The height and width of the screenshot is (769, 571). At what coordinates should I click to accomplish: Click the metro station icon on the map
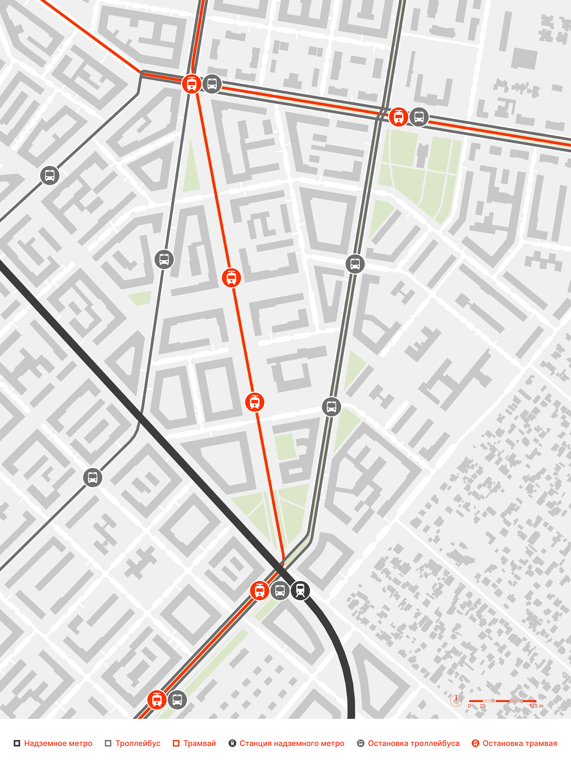300,590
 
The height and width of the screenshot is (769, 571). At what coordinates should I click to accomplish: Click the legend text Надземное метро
58,743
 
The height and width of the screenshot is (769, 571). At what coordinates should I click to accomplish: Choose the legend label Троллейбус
137,743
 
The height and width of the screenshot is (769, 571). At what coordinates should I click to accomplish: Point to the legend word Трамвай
199,743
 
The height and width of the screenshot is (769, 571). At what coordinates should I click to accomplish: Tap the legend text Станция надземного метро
292,743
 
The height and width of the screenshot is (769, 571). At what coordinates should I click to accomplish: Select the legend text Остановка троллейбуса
413,743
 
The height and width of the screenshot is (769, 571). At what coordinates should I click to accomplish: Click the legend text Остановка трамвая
520,743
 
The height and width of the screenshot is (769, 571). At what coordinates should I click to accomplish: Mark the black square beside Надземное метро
17,743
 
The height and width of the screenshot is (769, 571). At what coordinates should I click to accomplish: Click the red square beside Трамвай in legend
176,743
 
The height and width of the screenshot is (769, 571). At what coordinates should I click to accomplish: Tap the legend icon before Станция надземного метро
233,743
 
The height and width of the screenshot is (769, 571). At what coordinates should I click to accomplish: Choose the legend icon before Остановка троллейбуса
360,743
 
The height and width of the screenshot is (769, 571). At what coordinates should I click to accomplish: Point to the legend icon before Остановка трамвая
476,743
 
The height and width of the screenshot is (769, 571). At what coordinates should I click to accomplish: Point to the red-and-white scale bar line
502,701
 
